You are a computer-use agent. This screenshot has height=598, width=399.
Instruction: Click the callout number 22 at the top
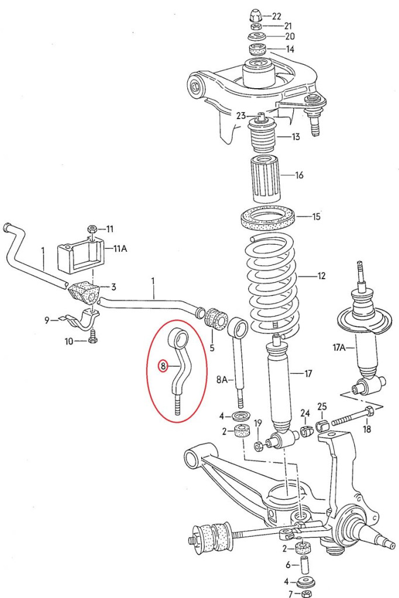(276, 16)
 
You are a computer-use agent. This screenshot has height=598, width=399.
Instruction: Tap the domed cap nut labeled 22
(256, 15)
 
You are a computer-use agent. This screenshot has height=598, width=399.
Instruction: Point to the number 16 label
(300, 175)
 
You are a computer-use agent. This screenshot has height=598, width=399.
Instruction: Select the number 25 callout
(322, 407)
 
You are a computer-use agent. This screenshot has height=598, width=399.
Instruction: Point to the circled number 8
(163, 366)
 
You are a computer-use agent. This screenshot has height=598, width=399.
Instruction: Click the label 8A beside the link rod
(223, 380)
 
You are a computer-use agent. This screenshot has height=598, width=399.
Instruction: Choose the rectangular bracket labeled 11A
(80, 254)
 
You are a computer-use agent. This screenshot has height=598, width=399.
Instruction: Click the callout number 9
(47, 320)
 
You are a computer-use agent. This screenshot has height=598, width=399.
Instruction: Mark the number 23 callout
(241, 116)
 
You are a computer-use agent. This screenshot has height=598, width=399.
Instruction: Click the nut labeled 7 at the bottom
(305, 594)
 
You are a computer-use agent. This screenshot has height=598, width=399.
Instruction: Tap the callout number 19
(258, 423)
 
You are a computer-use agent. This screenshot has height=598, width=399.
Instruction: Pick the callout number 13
(295, 137)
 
